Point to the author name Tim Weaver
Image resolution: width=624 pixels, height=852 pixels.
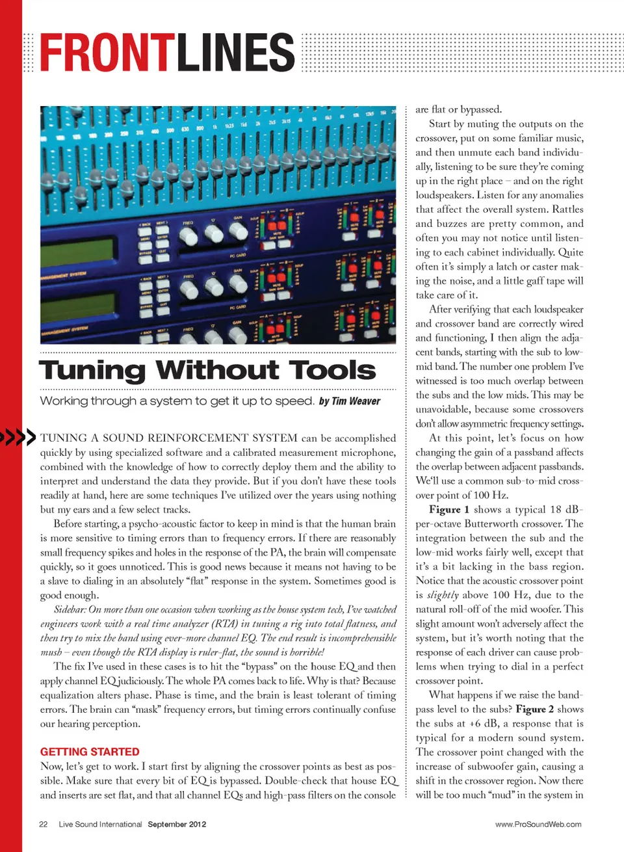[356, 401]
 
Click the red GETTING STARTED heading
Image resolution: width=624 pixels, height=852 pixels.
[90, 752]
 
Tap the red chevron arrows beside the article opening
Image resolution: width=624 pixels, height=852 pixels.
[18, 437]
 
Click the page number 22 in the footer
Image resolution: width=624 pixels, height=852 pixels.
[44, 824]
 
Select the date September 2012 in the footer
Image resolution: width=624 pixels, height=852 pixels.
[177, 824]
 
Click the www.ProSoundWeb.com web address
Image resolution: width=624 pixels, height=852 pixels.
[538, 824]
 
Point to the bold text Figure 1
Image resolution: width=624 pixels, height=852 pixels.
[449, 510]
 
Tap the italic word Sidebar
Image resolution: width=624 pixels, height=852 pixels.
[70, 610]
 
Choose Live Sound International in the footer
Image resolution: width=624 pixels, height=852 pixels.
[100, 824]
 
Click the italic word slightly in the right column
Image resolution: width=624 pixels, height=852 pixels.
[443, 595]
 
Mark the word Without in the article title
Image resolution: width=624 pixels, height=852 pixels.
[217, 370]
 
